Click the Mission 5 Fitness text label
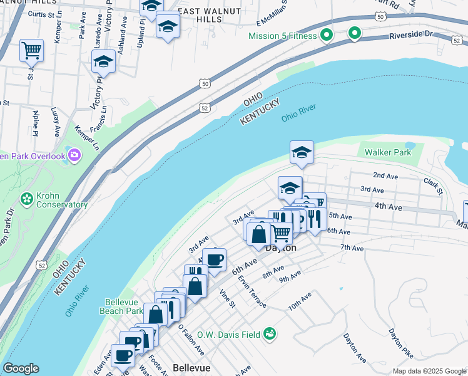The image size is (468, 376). click(x=283, y=35)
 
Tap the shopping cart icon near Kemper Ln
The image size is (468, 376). click(x=31, y=50)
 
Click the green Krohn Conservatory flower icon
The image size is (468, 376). click(x=27, y=199)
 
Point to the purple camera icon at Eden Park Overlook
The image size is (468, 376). click(x=74, y=155)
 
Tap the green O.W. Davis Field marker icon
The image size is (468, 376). click(x=269, y=334)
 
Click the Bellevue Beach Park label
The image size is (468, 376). click(x=121, y=306)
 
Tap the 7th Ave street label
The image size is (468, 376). click(x=352, y=248)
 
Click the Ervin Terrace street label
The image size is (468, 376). click(x=253, y=293)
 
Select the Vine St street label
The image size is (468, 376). click(x=227, y=298)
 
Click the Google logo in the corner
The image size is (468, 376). click(x=20, y=368)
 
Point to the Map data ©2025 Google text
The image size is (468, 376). click(x=429, y=371)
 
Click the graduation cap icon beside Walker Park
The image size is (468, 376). click(x=302, y=152)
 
